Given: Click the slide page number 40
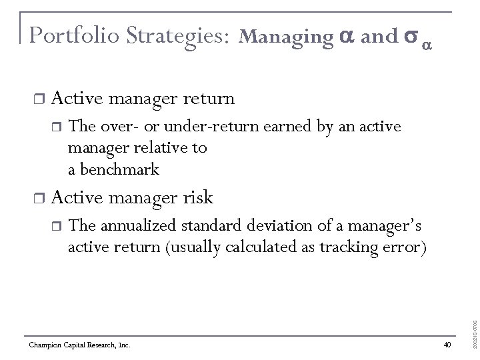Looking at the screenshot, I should pyautogui.click(x=447, y=345).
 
